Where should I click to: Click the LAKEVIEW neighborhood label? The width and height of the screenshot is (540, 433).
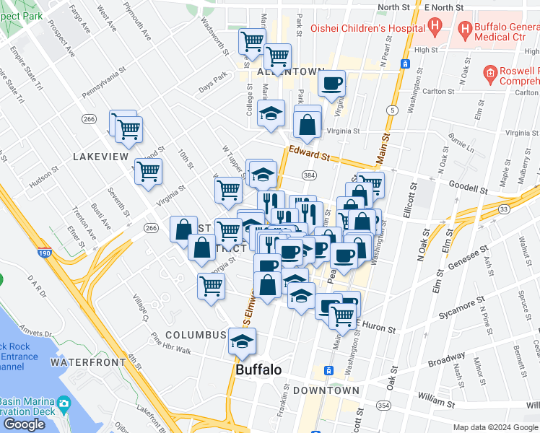pos(100,156)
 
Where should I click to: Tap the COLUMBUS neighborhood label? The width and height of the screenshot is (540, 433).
pos(196,336)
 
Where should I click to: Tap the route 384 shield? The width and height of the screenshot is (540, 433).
pos(309,175)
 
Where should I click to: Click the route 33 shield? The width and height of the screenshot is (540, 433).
pos(504,209)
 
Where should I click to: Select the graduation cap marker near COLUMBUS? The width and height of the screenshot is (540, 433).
pos(243,341)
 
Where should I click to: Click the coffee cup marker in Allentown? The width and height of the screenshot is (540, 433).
pos(332,82)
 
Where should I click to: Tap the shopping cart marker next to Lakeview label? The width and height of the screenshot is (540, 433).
pos(149,172)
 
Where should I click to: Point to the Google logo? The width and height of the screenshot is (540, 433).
pos(24,424)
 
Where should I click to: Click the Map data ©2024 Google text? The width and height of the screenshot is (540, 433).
pos(495,427)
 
